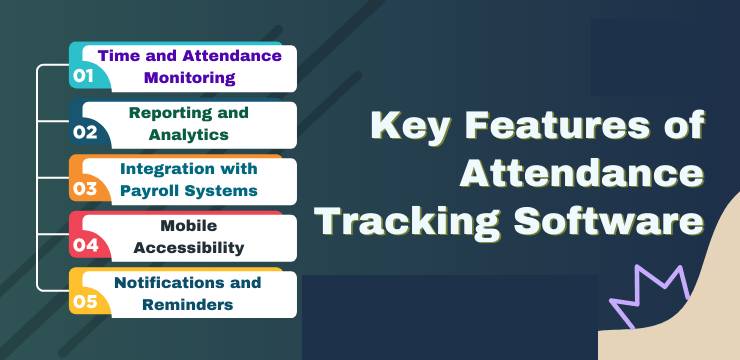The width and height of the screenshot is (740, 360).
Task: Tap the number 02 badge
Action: tap(84, 131)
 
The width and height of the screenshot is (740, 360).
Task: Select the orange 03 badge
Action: tap(84, 188)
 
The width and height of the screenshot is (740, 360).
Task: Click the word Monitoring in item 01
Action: tap(189, 77)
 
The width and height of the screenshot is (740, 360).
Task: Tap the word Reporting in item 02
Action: tap(163, 113)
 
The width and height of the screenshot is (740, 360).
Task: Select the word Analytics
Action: tap(189, 134)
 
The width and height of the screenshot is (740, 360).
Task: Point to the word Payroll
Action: tap(153, 190)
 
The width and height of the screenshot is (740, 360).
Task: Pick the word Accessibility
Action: tap(189, 247)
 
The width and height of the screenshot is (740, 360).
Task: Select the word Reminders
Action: tap(189, 304)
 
